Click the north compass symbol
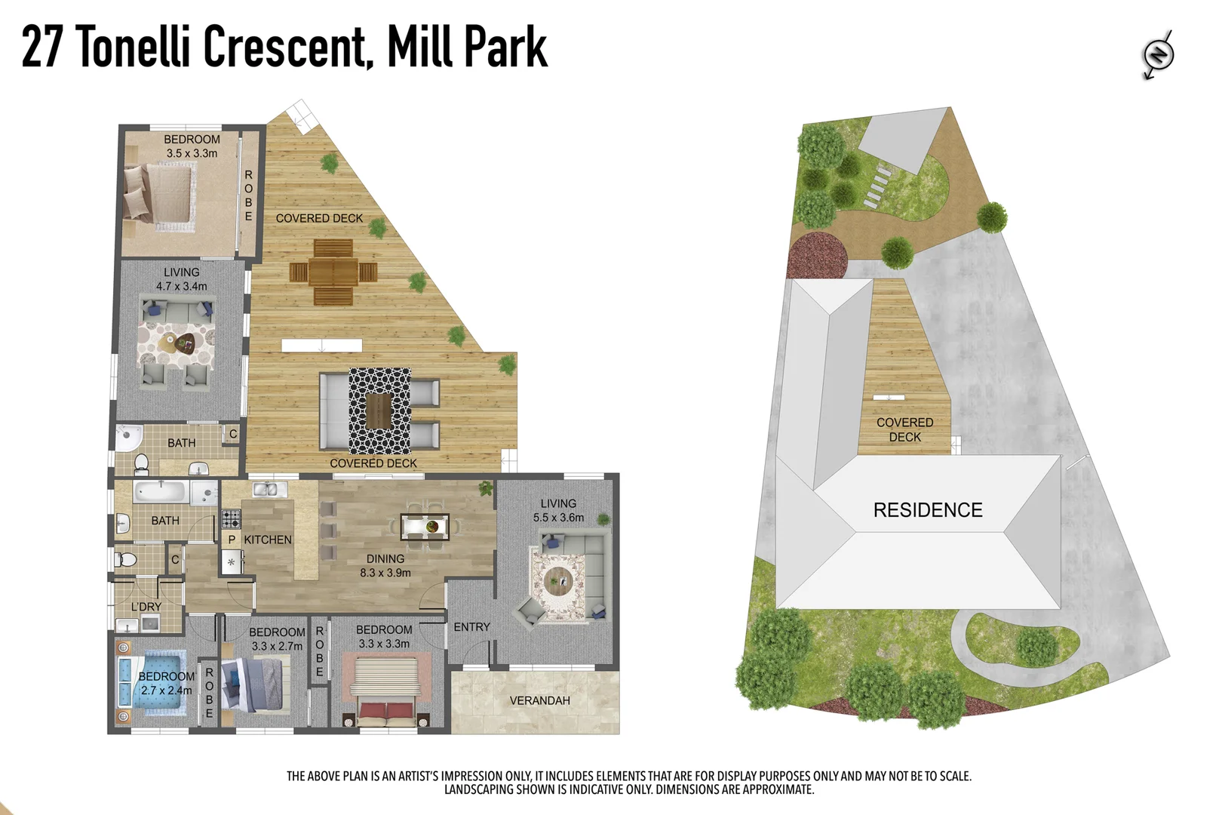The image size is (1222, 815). point(1157,54)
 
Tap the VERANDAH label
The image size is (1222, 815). point(539,700)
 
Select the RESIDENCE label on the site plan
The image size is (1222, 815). point(927,510)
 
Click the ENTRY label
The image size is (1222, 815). point(471,627)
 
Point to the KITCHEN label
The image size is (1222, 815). point(267,540)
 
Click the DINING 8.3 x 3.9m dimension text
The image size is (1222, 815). point(385,573)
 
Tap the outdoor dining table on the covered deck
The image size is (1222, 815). point(333,272)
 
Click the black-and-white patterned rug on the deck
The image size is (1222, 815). point(379,411)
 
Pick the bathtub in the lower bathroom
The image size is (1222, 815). point(160,493)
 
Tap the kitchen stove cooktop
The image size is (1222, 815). point(231,518)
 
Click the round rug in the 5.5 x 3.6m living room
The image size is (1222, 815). point(559,581)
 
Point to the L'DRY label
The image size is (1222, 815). point(146,607)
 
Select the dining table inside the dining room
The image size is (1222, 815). point(425,526)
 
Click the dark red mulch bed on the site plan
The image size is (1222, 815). point(818,254)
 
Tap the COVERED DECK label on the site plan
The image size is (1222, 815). point(904,429)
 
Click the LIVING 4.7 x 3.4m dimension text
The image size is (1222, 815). point(181,286)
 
